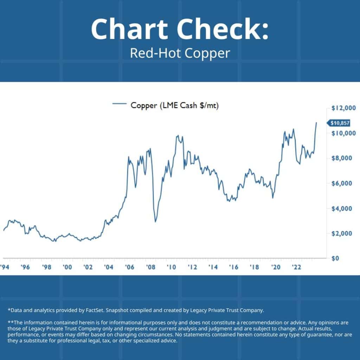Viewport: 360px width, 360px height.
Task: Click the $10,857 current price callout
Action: tap(339, 123)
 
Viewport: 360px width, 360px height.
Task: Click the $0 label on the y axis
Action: tap(335, 258)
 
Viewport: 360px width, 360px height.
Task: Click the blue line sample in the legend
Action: tap(119, 104)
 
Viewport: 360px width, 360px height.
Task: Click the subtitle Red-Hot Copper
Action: tap(180, 53)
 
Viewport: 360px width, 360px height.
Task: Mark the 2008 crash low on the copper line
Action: tap(155, 221)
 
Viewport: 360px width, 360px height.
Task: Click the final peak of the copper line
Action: tap(316, 123)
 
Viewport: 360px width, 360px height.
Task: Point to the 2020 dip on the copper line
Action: tap(273, 198)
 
